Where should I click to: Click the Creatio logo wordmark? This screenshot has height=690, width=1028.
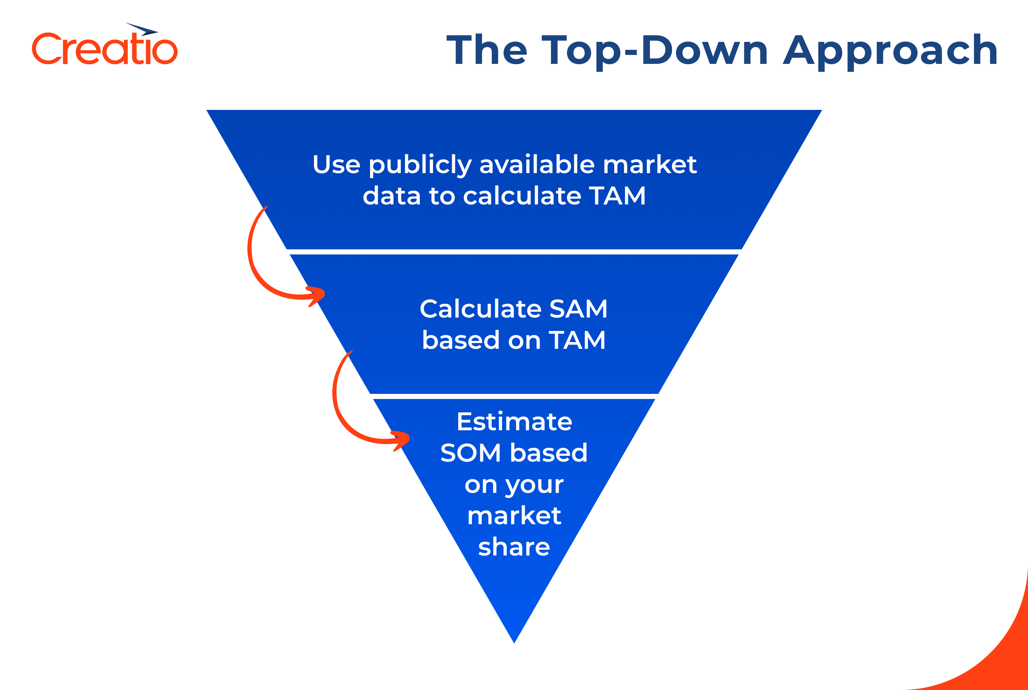[x=105, y=49]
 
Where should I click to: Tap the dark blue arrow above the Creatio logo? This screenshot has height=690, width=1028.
[x=143, y=29]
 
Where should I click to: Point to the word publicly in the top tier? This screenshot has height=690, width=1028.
[x=420, y=165]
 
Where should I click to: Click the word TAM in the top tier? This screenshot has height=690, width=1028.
[x=617, y=196]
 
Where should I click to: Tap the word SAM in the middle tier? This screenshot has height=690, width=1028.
[x=578, y=309]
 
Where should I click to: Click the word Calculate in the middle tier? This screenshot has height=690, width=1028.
[x=480, y=309]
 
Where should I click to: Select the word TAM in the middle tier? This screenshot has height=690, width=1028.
[x=577, y=340]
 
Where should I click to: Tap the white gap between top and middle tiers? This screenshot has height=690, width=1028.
[x=514, y=252]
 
